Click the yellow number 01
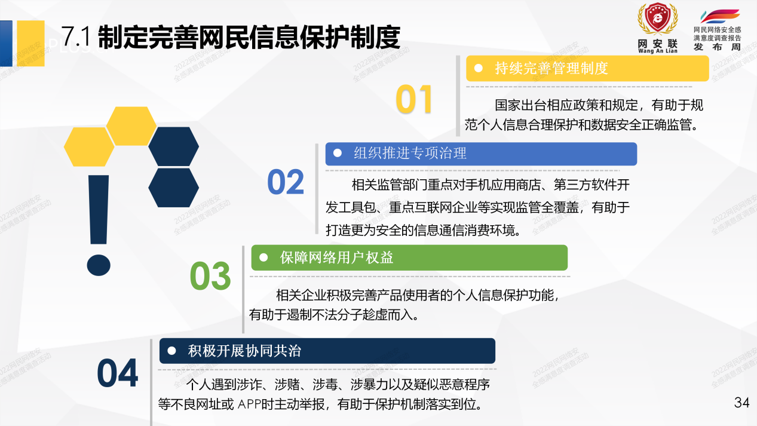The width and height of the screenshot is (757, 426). tap(414, 99)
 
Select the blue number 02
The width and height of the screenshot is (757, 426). tap(286, 182)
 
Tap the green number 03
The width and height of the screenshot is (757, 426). tap(210, 276)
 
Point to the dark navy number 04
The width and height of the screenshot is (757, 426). tap(118, 373)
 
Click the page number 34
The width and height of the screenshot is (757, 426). tap(741, 403)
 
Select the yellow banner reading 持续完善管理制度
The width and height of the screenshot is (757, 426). tap(587, 69)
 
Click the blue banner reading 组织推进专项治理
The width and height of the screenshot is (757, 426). tap(481, 154)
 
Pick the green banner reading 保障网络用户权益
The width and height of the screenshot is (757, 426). tap(409, 258)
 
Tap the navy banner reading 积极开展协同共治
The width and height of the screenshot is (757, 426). tap(327, 351)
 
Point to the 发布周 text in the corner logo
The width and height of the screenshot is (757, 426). tap(716, 47)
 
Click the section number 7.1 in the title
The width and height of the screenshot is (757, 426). tap(76, 37)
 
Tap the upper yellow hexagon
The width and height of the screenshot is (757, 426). tap(131, 126)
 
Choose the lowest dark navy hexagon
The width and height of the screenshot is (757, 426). tap(173, 187)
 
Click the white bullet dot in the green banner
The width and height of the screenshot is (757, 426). tap(263, 258)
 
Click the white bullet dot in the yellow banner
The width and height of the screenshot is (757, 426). tap(478, 69)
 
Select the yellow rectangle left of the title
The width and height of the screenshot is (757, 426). tap(30, 35)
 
